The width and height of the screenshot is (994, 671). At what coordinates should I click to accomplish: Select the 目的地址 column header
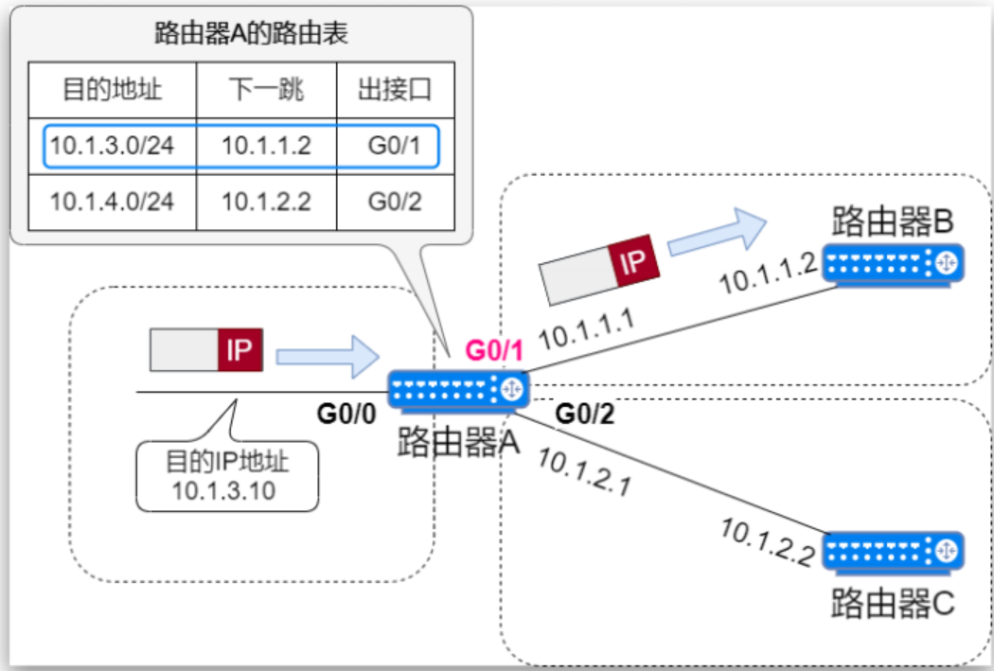[112, 91]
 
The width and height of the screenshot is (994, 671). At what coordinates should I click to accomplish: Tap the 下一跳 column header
[266, 91]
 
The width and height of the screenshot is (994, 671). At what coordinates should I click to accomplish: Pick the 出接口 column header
[394, 91]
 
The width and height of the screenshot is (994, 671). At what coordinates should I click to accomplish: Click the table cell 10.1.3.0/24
[112, 146]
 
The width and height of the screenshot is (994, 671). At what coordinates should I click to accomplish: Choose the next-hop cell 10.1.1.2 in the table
[266, 146]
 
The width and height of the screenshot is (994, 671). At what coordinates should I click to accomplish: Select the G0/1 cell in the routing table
[394, 146]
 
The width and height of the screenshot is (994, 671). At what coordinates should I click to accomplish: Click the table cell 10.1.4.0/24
[112, 202]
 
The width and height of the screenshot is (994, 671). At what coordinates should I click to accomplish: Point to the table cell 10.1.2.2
[266, 202]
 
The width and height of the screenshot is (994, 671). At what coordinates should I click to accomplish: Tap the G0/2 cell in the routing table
[394, 202]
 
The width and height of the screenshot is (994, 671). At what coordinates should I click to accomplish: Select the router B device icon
[893, 263]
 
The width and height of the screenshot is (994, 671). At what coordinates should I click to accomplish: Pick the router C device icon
[893, 551]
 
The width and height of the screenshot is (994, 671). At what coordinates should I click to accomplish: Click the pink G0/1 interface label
[494, 350]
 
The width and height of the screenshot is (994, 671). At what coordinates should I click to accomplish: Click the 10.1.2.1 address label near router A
[583, 471]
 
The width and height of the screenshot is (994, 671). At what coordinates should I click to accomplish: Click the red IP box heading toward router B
[633, 261]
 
